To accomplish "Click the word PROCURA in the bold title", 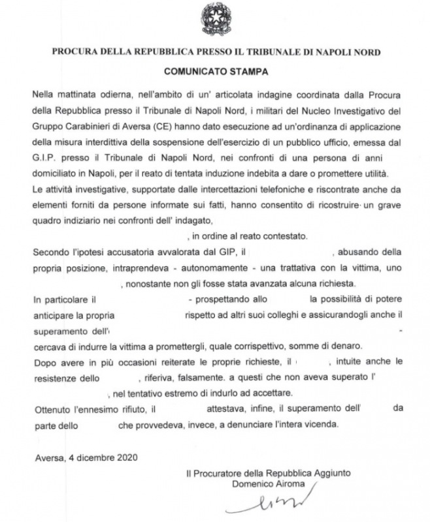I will tap(74, 51).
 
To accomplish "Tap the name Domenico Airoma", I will tap(269, 484).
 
